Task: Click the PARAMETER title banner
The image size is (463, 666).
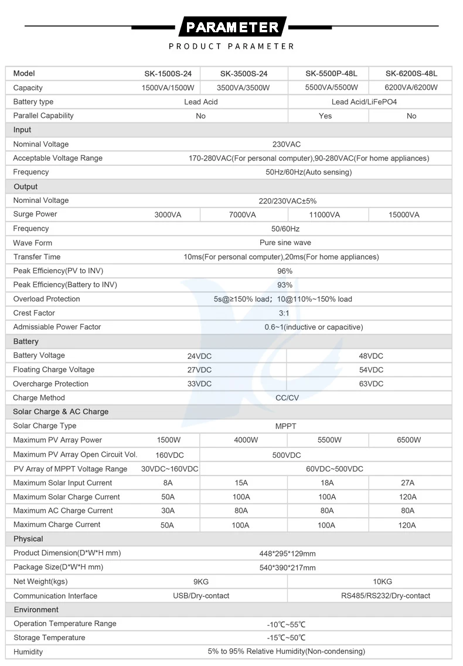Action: (x=232, y=27)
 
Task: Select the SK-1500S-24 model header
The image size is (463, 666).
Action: (x=168, y=74)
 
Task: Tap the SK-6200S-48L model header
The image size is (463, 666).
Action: (x=411, y=74)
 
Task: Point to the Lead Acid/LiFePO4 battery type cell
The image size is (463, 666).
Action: (x=364, y=102)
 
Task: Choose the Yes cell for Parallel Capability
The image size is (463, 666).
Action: (x=325, y=116)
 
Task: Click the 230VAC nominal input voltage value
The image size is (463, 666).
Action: (x=287, y=144)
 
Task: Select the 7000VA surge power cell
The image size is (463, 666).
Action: (x=242, y=215)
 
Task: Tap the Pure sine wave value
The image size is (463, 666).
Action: (x=285, y=243)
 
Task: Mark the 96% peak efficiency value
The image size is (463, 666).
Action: (x=285, y=271)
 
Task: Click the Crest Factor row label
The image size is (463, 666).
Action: (x=34, y=313)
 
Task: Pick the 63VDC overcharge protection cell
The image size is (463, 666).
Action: (x=371, y=384)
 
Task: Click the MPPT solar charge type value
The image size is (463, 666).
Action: (x=286, y=426)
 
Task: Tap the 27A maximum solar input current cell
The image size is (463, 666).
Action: (x=408, y=483)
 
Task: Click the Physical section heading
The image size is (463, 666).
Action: (x=28, y=539)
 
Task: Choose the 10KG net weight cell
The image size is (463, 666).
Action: (x=382, y=582)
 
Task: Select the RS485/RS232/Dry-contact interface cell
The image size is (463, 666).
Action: (x=386, y=596)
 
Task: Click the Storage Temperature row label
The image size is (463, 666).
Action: (x=49, y=638)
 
